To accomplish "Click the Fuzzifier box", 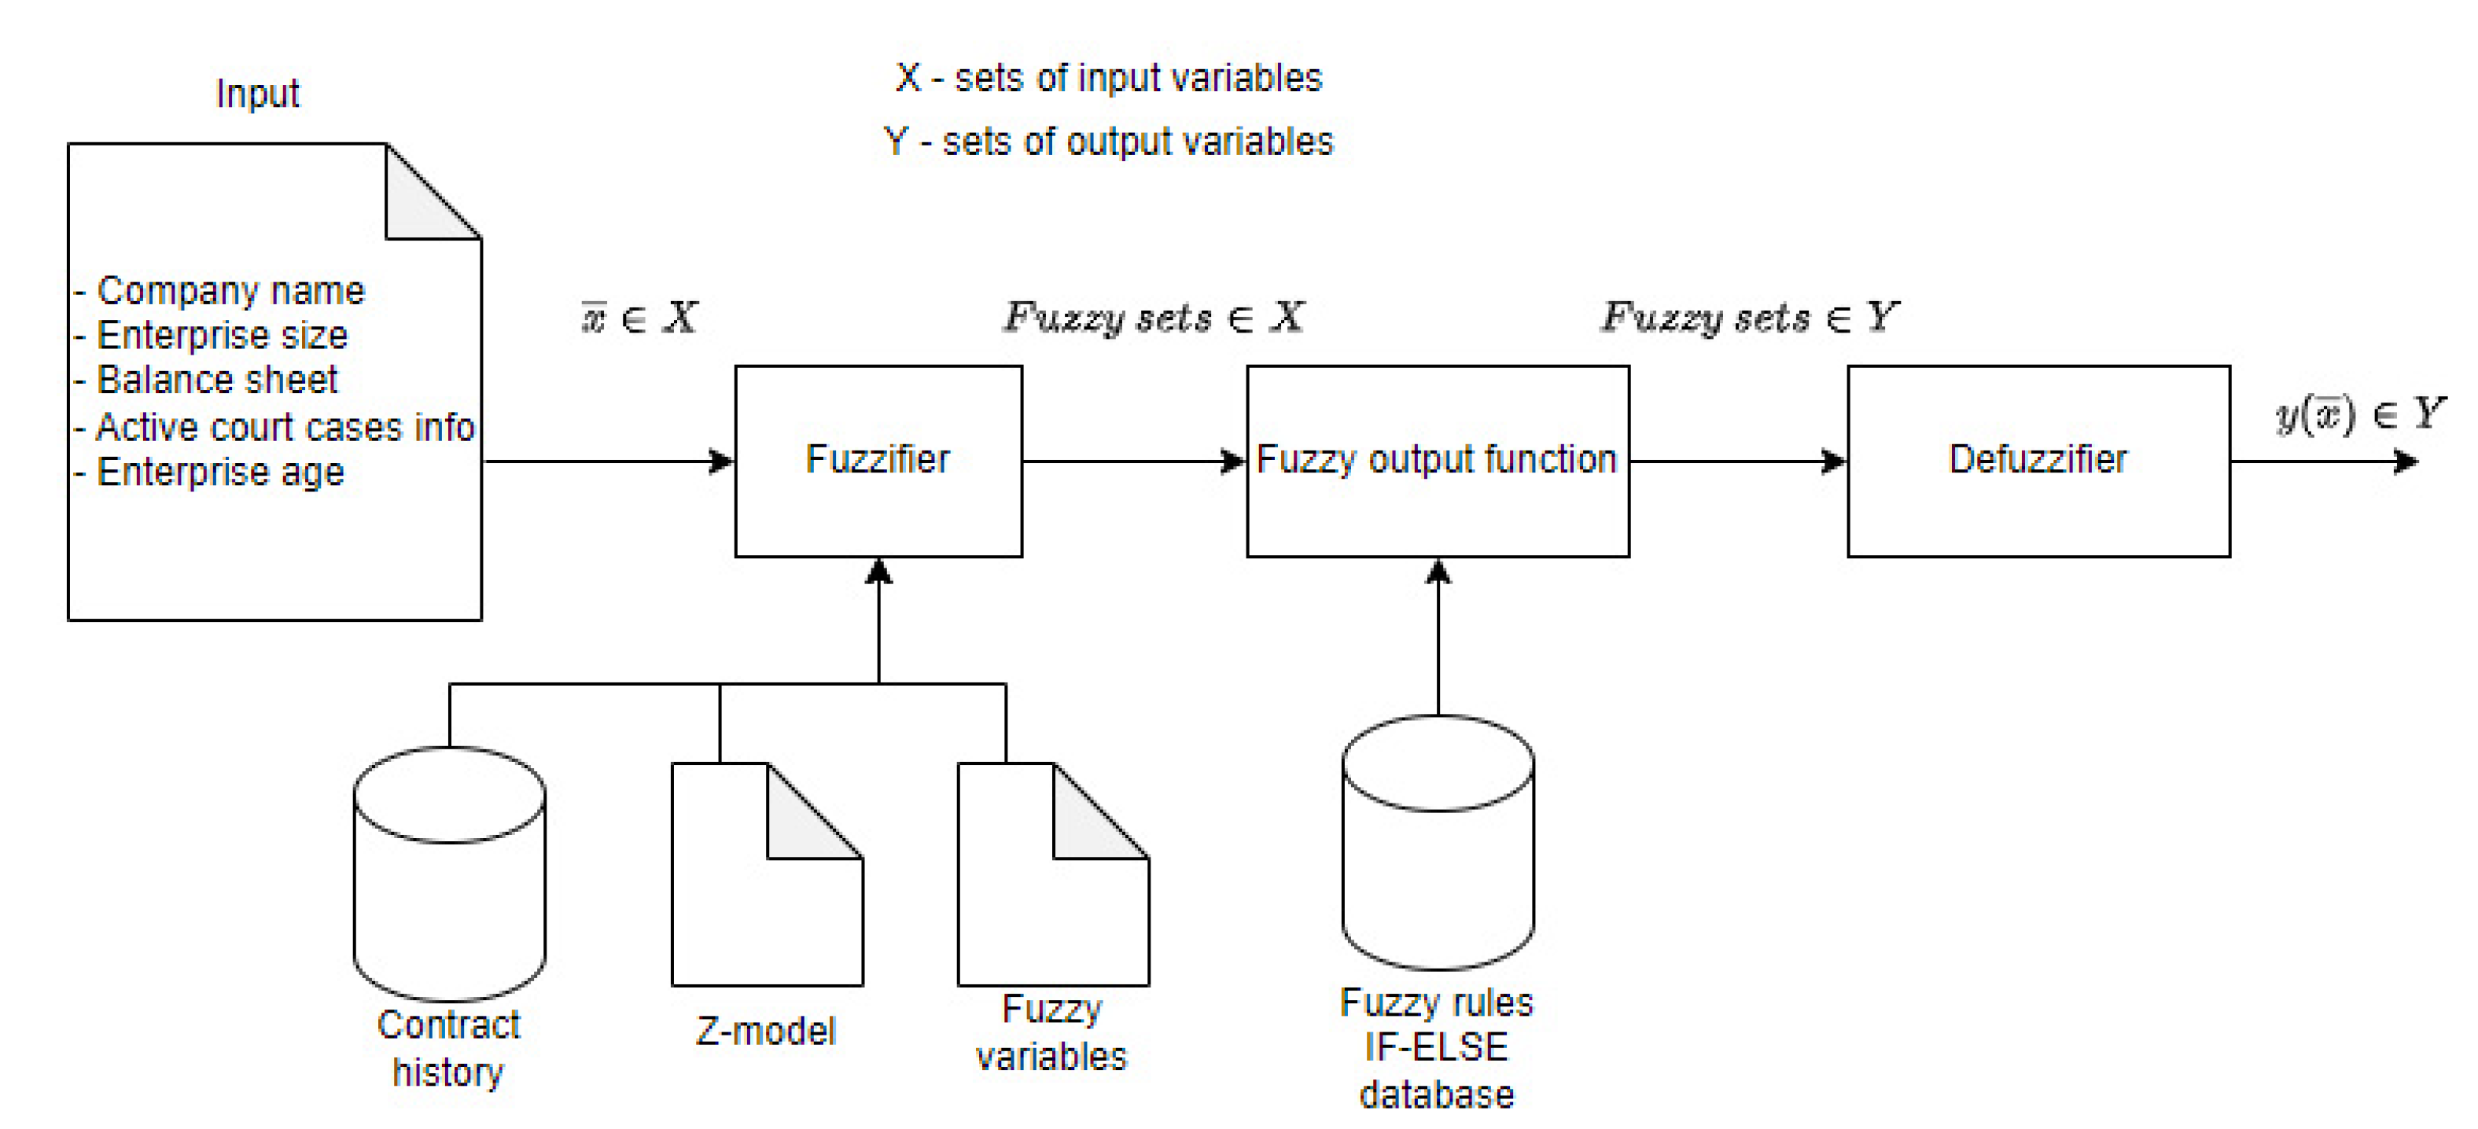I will pos(878,461).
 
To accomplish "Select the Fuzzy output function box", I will pos(1437,461).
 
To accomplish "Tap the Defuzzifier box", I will pos(2038,461).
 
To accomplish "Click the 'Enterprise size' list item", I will pos(221,336).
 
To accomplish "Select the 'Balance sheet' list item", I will pos(216,381).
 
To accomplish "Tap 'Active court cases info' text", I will pos(285,427).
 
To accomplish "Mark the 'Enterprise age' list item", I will pos(219,473).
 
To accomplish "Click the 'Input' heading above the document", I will pos(257,94).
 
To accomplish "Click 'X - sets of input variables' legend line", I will pos(1108,78).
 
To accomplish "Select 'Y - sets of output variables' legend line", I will pos(1108,142).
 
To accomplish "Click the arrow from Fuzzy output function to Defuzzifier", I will pos(1737,462).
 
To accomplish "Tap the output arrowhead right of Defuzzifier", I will pos(2405,462).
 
